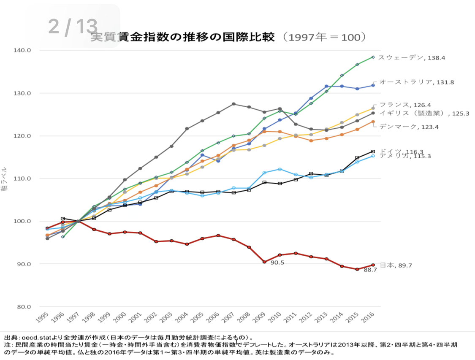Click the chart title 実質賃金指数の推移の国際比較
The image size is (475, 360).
point(182,37)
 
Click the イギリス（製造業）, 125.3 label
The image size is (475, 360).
point(424,113)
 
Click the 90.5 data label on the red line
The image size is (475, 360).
point(277,263)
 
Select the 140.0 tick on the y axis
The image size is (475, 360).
point(23,50)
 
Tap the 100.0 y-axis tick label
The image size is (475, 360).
point(23,221)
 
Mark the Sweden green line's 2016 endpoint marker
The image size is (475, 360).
point(373,57)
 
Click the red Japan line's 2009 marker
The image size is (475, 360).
point(264,262)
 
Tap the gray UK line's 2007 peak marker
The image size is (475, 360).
point(233,104)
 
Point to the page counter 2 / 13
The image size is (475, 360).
point(73,26)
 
